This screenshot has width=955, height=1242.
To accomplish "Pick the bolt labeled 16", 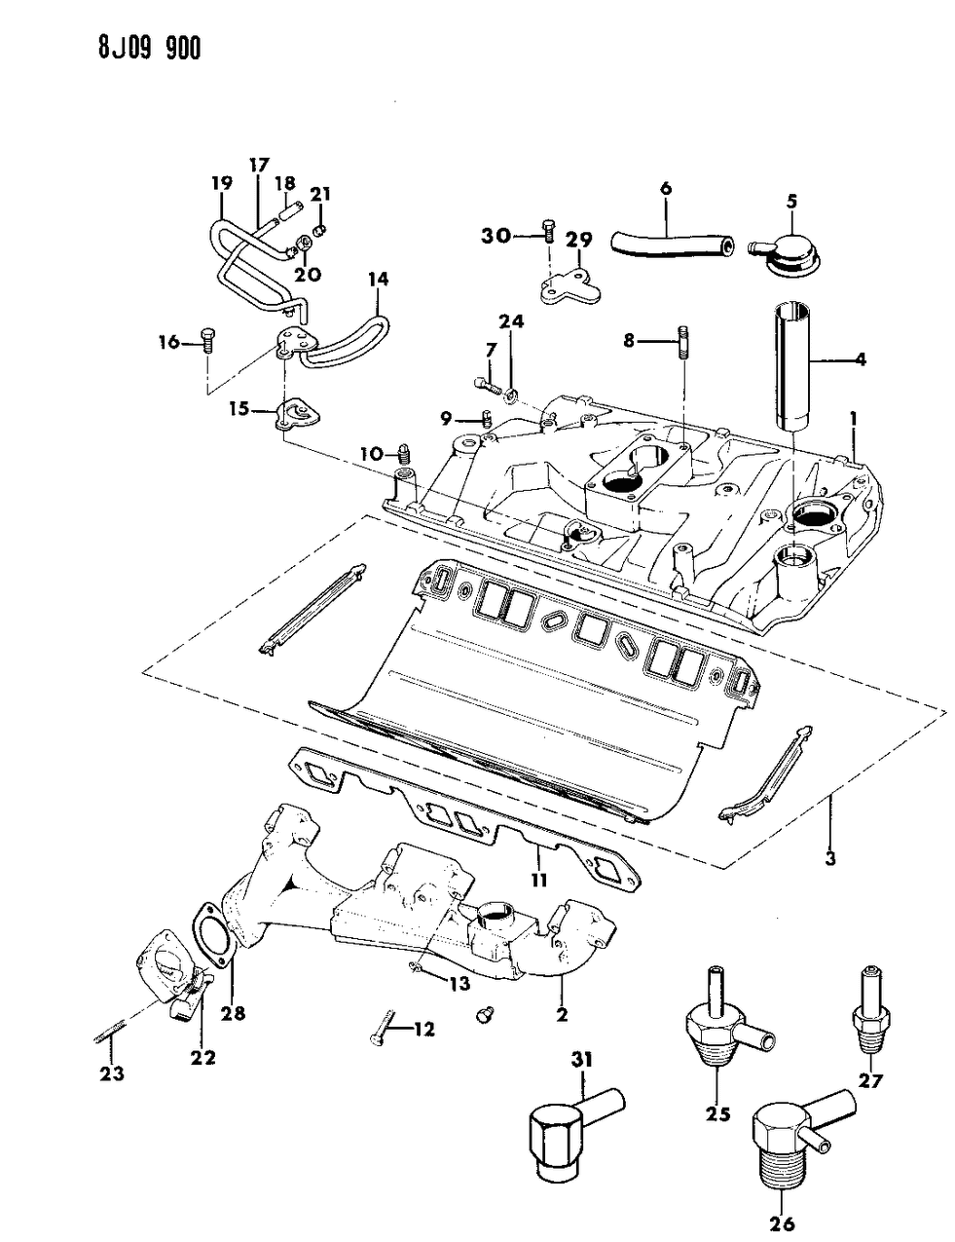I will coord(208,340).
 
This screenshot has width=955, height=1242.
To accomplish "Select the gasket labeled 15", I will coord(293,412).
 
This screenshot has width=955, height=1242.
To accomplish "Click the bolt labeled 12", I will coord(380,1037).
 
